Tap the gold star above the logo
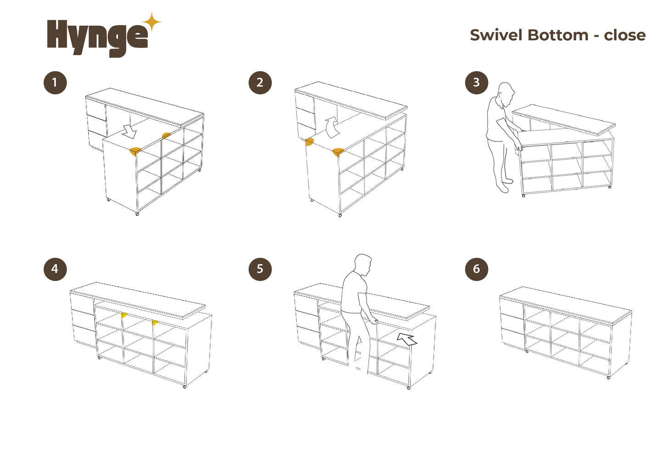pos(152,22)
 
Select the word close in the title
pos(624,35)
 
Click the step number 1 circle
pos(55,83)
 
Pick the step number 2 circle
pos(260,83)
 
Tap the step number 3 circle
pos(476,83)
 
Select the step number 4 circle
pos(55,269)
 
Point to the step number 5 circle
pos(260,269)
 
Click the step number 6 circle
pos(476,269)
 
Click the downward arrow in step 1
pos(130,132)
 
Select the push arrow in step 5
pos(407,339)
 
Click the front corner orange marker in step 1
pos(135,151)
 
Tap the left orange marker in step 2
pos(309,142)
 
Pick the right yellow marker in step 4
pos(154,322)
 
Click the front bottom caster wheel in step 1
pos(137,214)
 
